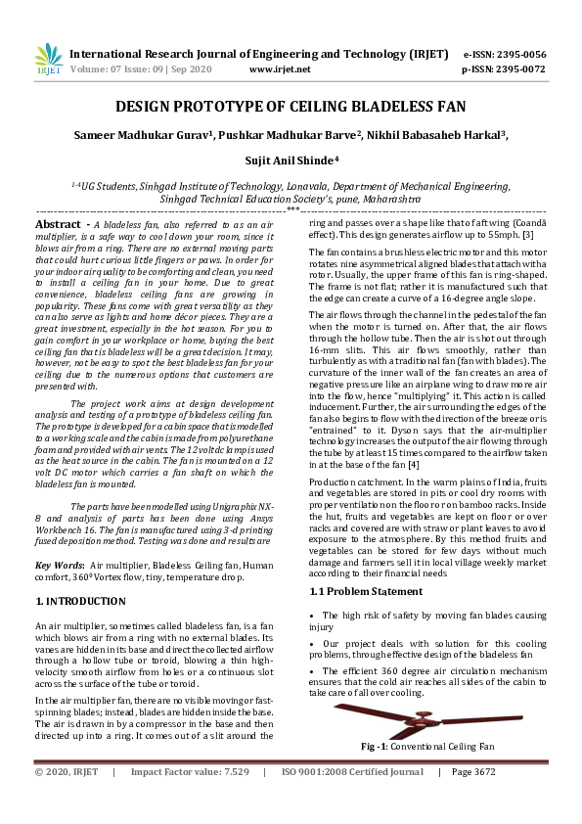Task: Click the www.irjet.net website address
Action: tap(280, 69)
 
